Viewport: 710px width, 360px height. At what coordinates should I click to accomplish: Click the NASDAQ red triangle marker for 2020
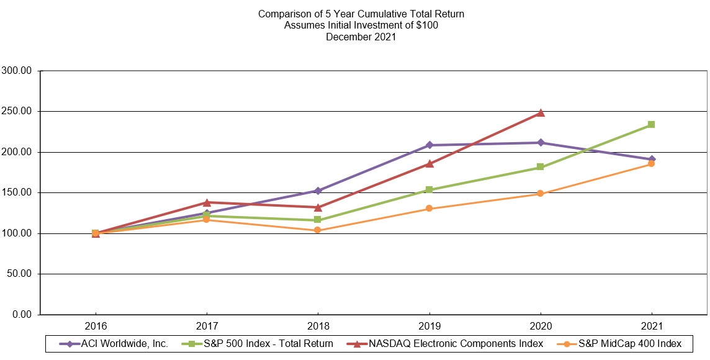[x=540, y=113]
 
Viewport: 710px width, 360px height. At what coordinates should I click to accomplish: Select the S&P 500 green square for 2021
[x=651, y=125]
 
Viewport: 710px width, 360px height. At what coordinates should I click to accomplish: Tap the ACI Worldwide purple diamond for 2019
[x=429, y=145]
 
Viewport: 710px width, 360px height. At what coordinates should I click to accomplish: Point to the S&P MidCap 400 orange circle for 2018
[x=318, y=230]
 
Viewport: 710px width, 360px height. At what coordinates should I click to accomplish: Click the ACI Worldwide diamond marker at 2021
[x=651, y=160]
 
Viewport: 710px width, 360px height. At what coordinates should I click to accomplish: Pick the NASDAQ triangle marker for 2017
[x=207, y=202]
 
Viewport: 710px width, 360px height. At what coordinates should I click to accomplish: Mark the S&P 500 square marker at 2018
[x=318, y=220]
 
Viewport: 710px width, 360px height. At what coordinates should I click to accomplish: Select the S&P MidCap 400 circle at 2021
[x=651, y=164]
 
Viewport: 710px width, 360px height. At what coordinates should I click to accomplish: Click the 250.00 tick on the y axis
[x=17, y=112]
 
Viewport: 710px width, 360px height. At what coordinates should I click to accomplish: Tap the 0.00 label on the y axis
[x=21, y=315]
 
